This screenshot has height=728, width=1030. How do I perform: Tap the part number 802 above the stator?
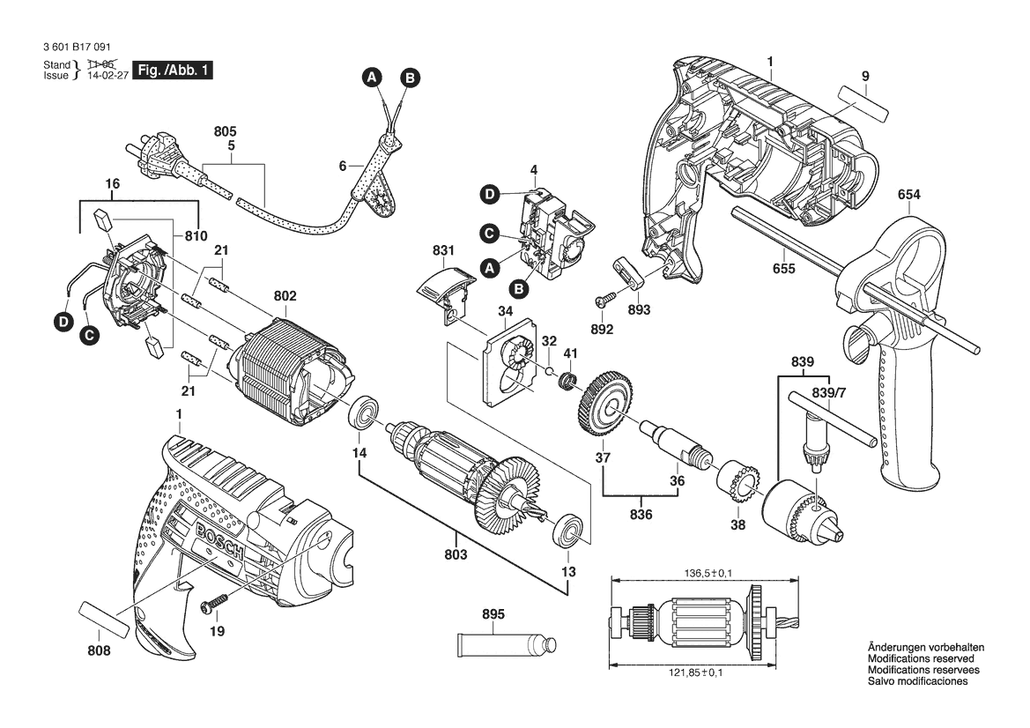(x=285, y=297)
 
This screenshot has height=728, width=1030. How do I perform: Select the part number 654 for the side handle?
(x=910, y=195)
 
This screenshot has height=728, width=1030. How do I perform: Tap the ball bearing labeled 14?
(x=364, y=413)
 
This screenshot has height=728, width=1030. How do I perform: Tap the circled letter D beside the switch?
(x=490, y=193)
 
